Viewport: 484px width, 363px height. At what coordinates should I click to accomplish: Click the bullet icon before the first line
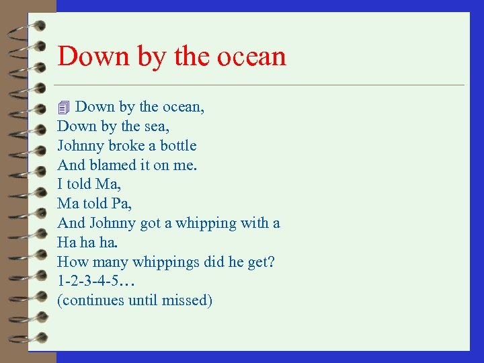[x=64, y=108]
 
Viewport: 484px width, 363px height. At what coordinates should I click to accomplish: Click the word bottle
[x=178, y=146]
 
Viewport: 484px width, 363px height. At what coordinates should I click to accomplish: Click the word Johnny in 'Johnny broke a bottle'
[x=79, y=146]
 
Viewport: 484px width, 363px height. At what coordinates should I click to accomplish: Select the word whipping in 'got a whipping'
[x=206, y=223]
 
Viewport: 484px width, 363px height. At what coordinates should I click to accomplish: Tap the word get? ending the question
[x=261, y=262]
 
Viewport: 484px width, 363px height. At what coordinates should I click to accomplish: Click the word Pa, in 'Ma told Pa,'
[x=121, y=204]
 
